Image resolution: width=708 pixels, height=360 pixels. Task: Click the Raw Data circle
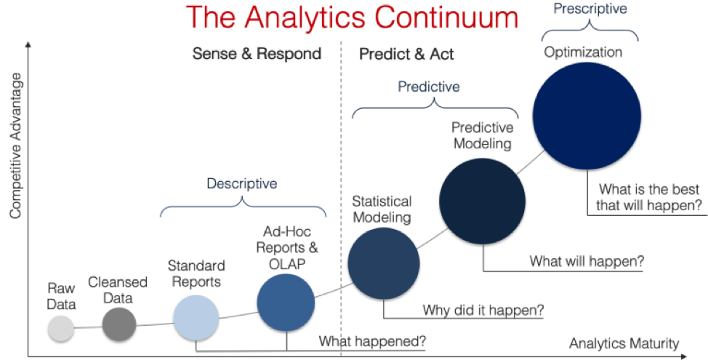(60, 328)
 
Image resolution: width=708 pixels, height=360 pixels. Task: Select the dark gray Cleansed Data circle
(118, 324)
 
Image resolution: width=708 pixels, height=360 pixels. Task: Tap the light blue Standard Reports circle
(196, 318)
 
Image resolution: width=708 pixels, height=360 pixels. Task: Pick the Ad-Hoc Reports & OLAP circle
(286, 303)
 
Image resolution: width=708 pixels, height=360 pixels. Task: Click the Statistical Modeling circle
(384, 263)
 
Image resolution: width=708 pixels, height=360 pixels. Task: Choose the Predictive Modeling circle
(482, 201)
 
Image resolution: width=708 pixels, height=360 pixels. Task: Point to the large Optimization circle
(587, 116)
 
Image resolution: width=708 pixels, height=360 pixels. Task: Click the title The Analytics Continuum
(352, 18)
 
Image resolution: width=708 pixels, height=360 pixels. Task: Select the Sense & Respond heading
(257, 53)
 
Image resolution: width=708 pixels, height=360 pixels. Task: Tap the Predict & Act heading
(406, 55)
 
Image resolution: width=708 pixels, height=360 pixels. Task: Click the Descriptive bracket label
(242, 183)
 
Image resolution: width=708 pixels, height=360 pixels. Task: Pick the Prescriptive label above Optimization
(590, 9)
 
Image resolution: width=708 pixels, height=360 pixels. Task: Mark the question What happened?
(373, 341)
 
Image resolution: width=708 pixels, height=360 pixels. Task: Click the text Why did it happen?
(483, 311)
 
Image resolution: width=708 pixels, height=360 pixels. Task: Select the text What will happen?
(587, 261)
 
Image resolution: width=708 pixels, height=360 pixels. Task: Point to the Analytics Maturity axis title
(624, 343)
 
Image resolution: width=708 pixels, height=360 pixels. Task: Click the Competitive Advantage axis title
(16, 145)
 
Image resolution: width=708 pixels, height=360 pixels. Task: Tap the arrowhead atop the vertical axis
(28, 44)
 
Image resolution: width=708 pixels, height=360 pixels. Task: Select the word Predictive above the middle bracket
(428, 87)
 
